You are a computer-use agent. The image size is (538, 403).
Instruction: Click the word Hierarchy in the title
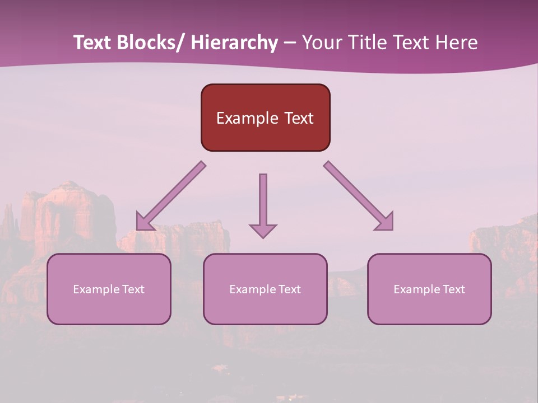tap(234, 43)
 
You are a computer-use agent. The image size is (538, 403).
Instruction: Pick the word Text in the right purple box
tap(453, 289)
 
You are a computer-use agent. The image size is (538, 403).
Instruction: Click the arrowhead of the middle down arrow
tap(263, 231)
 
